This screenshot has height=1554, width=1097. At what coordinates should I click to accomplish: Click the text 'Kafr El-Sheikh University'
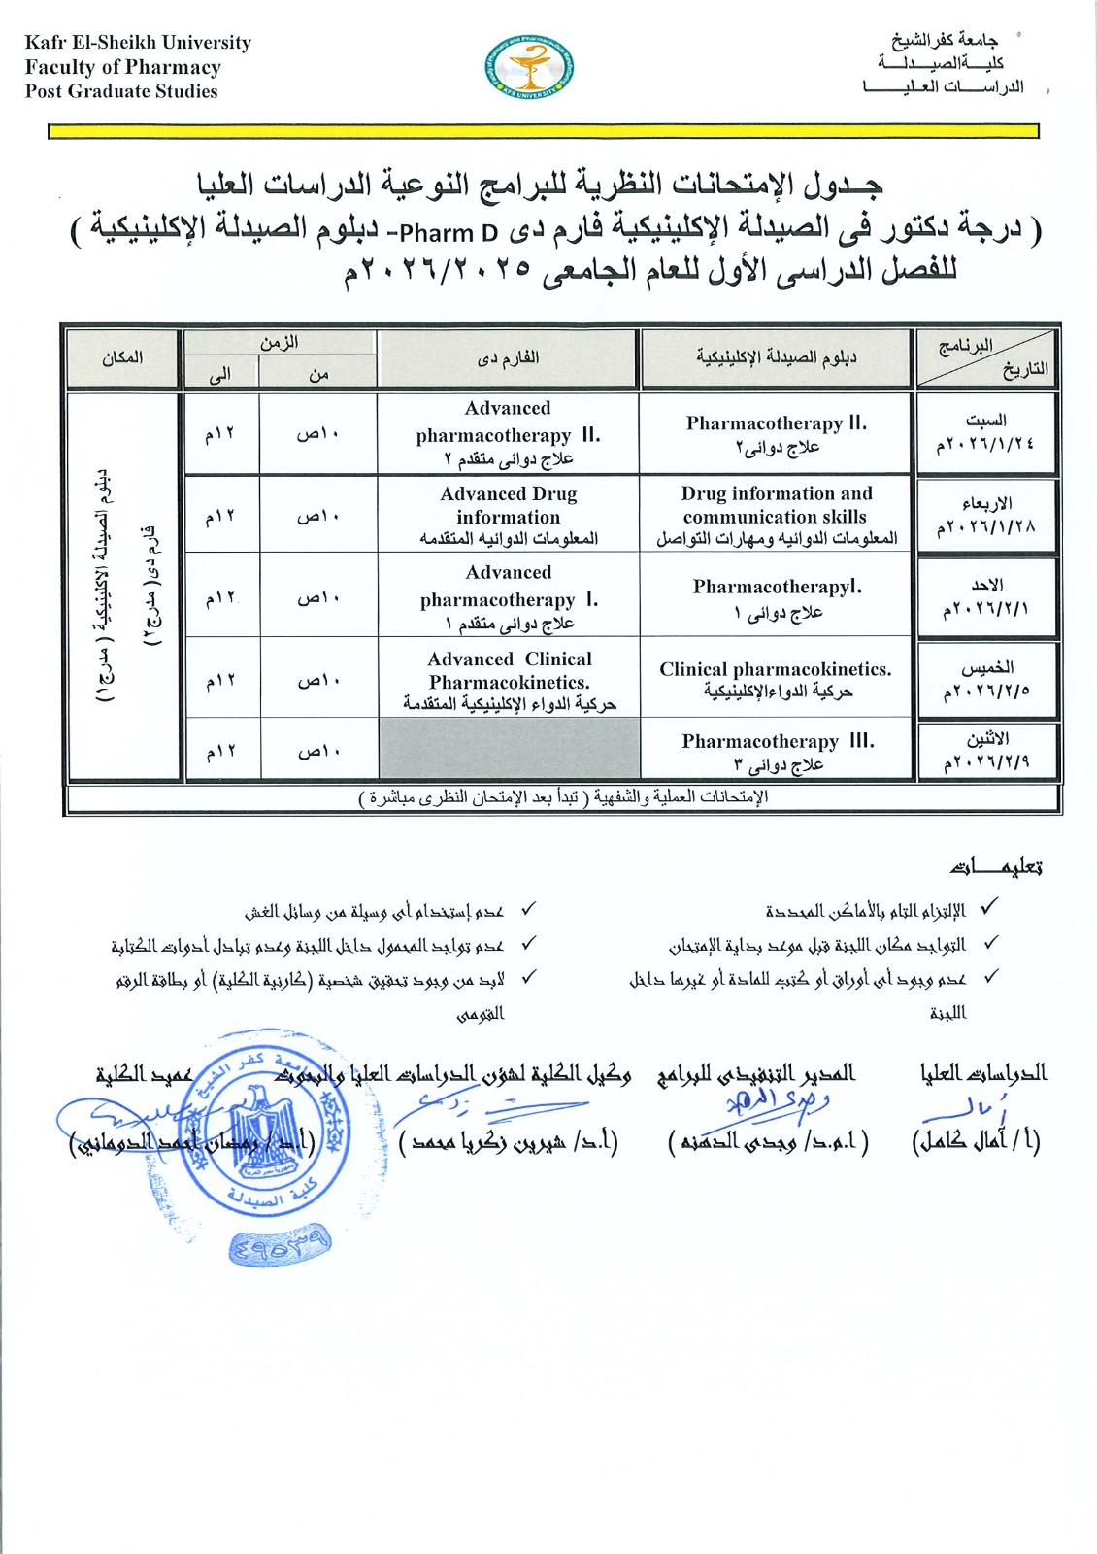(138, 43)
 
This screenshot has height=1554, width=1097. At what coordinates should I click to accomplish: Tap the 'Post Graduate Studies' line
(121, 91)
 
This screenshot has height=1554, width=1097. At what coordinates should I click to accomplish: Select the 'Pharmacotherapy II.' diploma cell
(776, 434)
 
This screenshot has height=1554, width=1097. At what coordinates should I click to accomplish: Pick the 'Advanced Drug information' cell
(508, 515)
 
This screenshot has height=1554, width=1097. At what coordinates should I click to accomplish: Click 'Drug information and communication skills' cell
(776, 515)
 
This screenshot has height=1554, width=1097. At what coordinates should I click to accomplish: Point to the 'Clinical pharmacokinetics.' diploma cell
(776, 679)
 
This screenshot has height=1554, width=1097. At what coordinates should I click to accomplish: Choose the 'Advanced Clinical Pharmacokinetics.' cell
(508, 679)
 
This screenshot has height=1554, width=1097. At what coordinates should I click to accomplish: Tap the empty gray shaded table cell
(509, 749)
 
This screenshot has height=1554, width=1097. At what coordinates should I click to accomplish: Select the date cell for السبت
(985, 433)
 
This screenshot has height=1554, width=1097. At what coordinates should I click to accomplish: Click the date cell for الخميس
(985, 679)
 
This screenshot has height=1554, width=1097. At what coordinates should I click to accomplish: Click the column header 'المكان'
(122, 358)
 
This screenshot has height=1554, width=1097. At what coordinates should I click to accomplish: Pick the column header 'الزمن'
(279, 343)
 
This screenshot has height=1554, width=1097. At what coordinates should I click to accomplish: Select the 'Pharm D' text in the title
(449, 234)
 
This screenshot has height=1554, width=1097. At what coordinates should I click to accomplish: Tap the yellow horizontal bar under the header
(543, 131)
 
